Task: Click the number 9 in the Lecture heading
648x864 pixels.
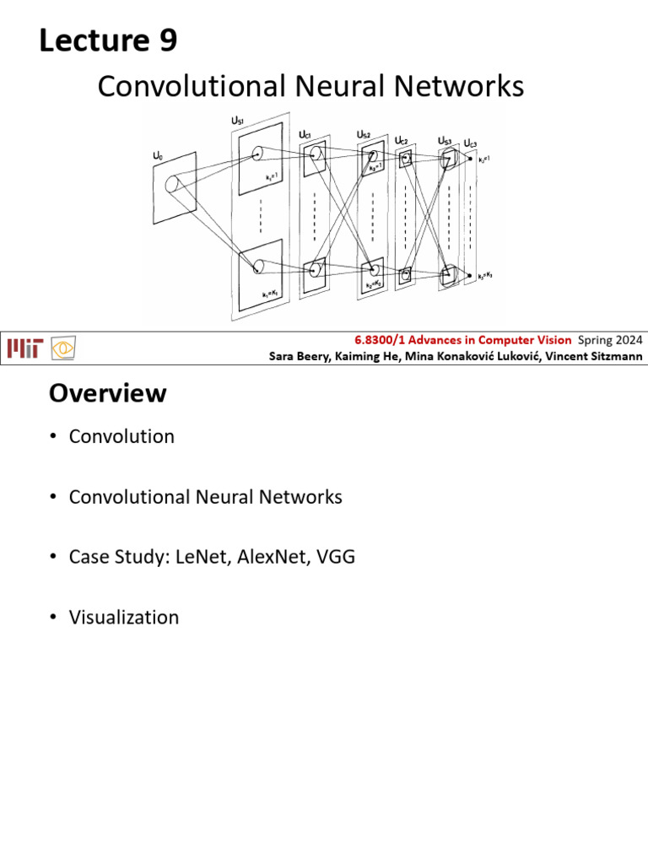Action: coord(166,40)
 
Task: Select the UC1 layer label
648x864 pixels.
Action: coord(306,134)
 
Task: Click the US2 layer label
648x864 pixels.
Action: coord(363,134)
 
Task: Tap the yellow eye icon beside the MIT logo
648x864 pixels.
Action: coord(63,348)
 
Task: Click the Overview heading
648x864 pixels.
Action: coord(107,394)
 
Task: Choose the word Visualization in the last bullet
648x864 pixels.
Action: coord(124,618)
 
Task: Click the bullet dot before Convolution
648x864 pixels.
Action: coord(52,437)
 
